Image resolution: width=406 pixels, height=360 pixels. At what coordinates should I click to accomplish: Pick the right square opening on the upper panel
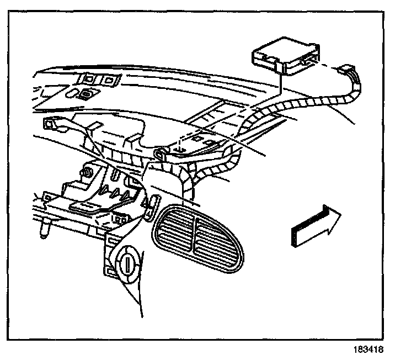(110, 81)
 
